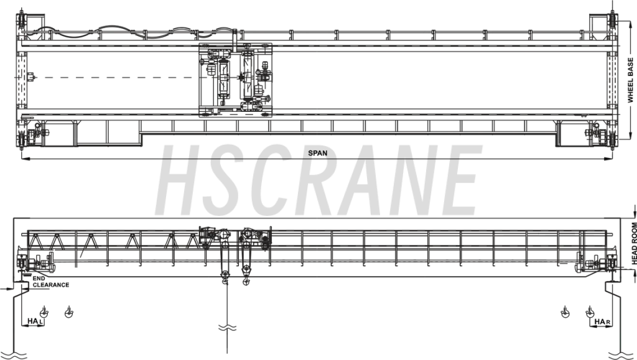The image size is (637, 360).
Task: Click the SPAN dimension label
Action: click(317, 153)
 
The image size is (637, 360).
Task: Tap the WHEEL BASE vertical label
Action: click(630, 80)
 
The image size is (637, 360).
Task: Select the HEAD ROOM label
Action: click(634, 243)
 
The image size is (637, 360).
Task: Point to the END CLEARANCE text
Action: click(51, 282)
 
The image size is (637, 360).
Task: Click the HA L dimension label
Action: click(35, 321)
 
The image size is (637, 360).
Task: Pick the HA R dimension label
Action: click(602, 322)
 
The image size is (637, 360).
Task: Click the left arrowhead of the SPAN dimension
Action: click(24, 159)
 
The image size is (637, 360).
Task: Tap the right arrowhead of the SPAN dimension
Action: click(608, 159)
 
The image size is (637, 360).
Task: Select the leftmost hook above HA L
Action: click(44, 312)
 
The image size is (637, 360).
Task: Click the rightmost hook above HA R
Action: click(590, 312)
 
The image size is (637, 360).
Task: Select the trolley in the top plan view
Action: click(236, 80)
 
